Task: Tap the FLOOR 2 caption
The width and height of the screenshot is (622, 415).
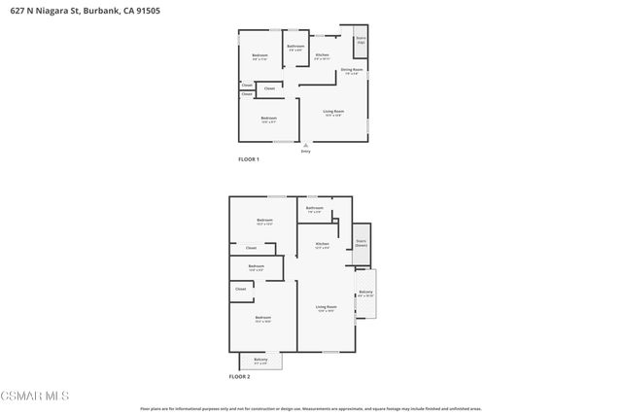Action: pos(239,375)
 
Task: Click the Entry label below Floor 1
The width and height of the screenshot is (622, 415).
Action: pos(305,151)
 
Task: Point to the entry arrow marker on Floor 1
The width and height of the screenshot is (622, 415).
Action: pos(305,145)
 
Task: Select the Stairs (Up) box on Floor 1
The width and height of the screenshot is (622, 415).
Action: pos(361,42)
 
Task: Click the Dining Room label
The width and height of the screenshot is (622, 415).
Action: pos(352,71)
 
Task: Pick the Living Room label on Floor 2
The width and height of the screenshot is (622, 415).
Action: pos(325,308)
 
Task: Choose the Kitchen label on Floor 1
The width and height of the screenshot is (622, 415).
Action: pos(322,56)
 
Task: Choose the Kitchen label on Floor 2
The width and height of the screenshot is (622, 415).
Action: pos(322,245)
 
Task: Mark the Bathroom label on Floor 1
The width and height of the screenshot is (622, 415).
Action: pos(295,47)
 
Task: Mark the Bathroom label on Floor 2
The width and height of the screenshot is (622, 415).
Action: pos(315,208)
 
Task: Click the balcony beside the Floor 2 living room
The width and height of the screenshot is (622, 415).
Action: pos(365,294)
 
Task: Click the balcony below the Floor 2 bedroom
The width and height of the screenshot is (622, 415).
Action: pos(259,362)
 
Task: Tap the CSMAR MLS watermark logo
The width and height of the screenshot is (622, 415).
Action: pos(35,396)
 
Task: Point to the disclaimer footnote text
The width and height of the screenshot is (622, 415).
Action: pos(311,409)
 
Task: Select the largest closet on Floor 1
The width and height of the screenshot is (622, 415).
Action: pos(269,88)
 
